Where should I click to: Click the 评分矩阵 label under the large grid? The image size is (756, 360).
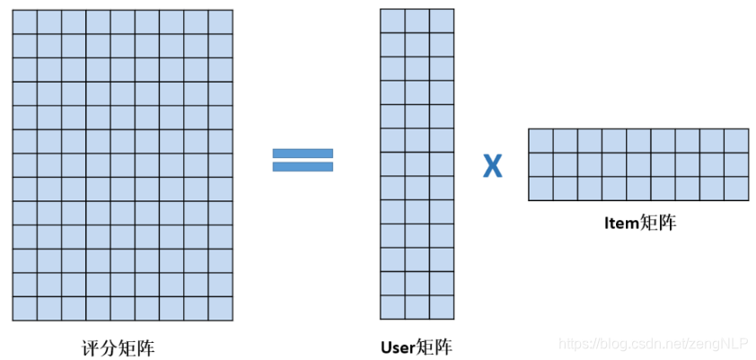click(x=122, y=346)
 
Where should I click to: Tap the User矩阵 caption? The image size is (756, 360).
click(x=416, y=346)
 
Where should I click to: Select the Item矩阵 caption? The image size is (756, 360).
click(x=638, y=224)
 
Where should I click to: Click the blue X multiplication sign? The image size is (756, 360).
click(x=492, y=165)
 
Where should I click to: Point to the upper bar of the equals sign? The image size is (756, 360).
click(x=303, y=153)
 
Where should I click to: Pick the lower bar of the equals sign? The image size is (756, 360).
click(x=303, y=166)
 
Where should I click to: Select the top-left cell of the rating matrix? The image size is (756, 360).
click(x=25, y=22)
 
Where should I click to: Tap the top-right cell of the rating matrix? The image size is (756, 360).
click(x=221, y=22)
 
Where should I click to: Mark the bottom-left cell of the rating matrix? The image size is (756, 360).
click(x=25, y=309)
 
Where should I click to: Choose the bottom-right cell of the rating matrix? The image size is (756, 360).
click(x=221, y=309)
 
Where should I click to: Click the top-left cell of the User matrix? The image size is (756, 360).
click(x=392, y=21)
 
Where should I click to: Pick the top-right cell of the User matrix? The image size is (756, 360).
click(x=441, y=21)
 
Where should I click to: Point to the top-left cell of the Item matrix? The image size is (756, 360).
click(x=541, y=141)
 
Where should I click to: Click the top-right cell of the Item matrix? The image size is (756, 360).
click(x=736, y=141)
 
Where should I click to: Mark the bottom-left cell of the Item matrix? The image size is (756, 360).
click(x=541, y=189)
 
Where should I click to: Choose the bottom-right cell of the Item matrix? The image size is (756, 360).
click(x=736, y=189)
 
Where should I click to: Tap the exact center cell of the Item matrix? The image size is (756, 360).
click(x=638, y=164)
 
